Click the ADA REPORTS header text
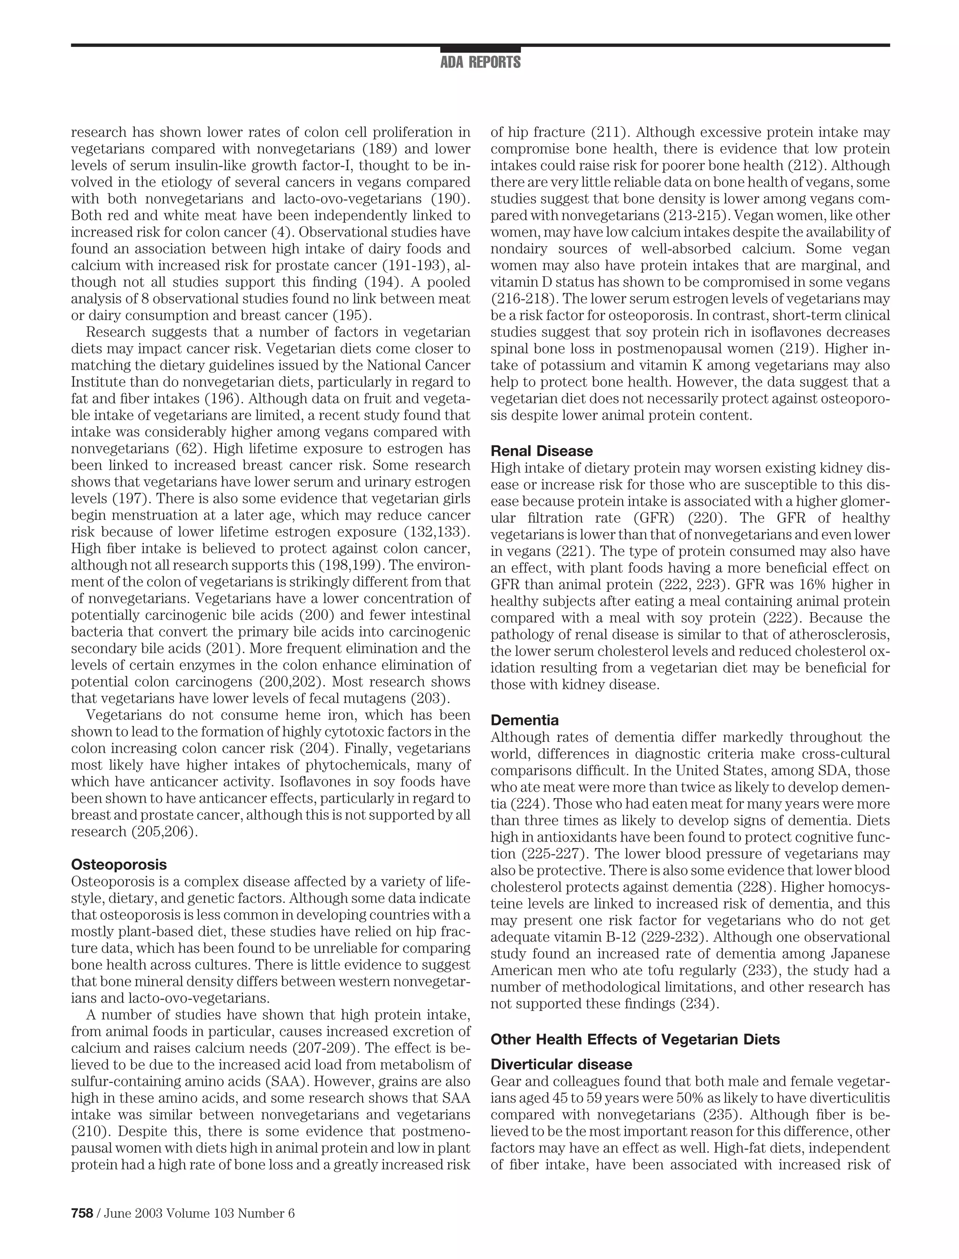[x=480, y=62]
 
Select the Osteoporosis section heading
[x=119, y=864]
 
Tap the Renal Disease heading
[x=542, y=451]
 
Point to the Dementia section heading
[x=524, y=719]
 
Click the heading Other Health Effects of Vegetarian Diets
[x=635, y=1039]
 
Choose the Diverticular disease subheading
[x=561, y=1064]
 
